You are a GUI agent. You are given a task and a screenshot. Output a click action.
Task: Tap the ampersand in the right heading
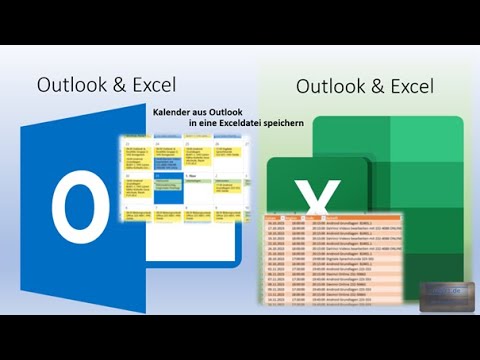[x=383, y=86]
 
